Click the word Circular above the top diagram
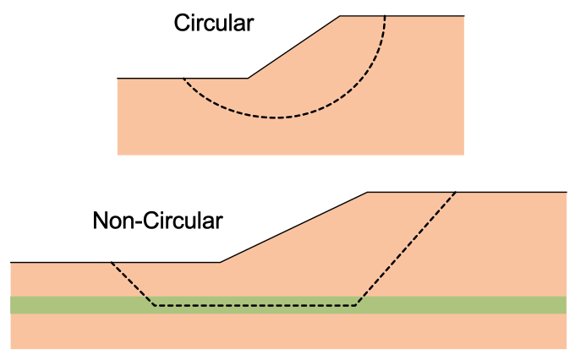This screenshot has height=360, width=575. [x=214, y=23]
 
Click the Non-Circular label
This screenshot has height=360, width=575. [x=157, y=221]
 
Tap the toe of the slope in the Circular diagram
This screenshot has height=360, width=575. [x=248, y=78]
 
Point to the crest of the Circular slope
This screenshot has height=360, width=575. [x=340, y=16]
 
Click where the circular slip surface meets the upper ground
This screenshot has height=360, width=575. [x=385, y=16]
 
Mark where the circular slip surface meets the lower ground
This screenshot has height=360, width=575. [x=183, y=78]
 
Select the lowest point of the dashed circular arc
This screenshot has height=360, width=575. [x=276, y=117]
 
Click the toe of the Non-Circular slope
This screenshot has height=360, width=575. [x=221, y=262]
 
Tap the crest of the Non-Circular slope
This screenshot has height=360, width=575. [x=368, y=192]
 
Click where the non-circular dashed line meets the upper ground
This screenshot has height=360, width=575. [x=456, y=192]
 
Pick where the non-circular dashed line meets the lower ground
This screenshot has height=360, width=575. [x=111, y=262]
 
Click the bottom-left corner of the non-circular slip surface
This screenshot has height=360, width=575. [x=155, y=305]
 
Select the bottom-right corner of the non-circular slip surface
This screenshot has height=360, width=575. [x=356, y=305]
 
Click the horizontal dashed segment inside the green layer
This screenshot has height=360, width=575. [x=255, y=305]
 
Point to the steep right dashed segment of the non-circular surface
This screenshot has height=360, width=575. [x=406, y=248]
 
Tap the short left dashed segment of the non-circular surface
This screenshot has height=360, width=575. [x=133, y=284]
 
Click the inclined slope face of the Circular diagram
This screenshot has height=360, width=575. [x=293, y=47]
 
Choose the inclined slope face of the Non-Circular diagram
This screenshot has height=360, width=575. [x=293, y=227]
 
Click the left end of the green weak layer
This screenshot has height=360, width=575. [x=11, y=305]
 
